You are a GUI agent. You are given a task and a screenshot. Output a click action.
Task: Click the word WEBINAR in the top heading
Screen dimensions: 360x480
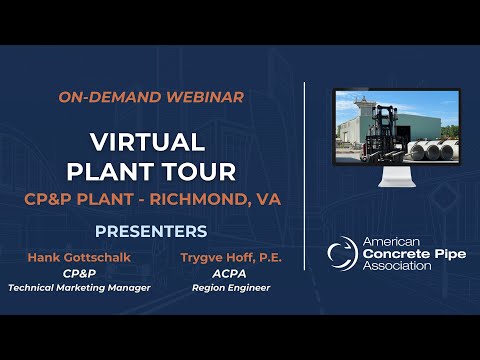207,97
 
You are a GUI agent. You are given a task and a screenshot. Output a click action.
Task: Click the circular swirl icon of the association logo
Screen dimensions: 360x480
342,253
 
